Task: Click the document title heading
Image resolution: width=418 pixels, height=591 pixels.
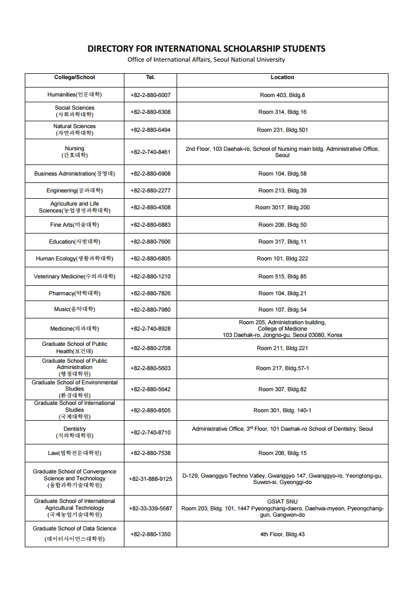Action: [x=206, y=49]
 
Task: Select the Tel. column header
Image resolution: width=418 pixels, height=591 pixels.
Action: [x=150, y=77]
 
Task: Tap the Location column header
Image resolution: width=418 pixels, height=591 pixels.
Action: [x=282, y=77]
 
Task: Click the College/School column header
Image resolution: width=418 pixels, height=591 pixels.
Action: [x=74, y=77]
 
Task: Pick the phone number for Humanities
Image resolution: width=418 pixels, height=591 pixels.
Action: [x=150, y=95]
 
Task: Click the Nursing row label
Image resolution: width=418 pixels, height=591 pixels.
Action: [x=74, y=152]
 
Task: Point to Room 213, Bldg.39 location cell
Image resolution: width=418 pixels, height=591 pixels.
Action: [x=282, y=190]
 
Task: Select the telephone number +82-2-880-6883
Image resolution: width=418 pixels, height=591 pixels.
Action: [x=150, y=225]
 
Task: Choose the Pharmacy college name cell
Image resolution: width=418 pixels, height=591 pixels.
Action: [x=74, y=293]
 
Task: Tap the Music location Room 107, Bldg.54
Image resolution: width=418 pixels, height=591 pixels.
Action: [x=282, y=309]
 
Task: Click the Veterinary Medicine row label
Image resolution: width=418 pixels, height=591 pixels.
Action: [x=74, y=276]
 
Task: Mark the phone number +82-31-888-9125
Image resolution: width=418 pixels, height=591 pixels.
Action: [x=150, y=479]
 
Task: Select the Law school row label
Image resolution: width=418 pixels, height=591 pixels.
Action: [x=74, y=453]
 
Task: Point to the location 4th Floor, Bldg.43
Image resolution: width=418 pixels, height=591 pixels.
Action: [x=282, y=534]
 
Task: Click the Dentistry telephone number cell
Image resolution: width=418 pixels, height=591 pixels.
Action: [x=150, y=432]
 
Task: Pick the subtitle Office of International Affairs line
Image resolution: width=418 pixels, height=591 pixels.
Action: [x=206, y=60]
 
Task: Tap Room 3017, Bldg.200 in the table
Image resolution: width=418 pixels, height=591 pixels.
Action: [x=282, y=207]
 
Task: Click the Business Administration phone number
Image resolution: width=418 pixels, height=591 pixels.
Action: [x=150, y=173]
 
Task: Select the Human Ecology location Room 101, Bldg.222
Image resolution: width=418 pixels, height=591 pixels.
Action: [x=282, y=258]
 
